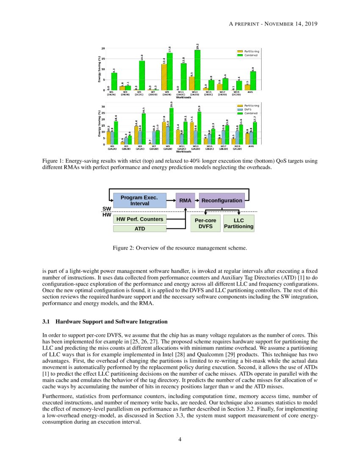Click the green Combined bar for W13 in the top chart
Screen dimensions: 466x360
[x=197, y=70]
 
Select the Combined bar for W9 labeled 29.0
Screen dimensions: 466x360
[x=171, y=126]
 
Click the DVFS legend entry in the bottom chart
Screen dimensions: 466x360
[x=250, y=109]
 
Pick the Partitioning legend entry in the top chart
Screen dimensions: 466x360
[x=250, y=51]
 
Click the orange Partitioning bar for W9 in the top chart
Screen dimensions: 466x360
[x=164, y=77]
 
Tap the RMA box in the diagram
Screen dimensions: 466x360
[x=185, y=200]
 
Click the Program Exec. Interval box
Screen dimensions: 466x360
[x=139, y=200]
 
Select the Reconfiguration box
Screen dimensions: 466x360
[x=222, y=200]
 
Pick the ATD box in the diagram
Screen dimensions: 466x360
[x=139, y=229]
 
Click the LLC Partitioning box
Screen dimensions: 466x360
[x=238, y=223]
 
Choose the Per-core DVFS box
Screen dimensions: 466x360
[x=205, y=223]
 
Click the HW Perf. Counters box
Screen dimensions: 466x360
[x=139, y=219]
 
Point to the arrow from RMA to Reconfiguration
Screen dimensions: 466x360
[x=197, y=200]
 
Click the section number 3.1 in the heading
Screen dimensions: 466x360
[x=47, y=322]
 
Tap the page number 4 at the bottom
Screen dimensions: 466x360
[x=180, y=439]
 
